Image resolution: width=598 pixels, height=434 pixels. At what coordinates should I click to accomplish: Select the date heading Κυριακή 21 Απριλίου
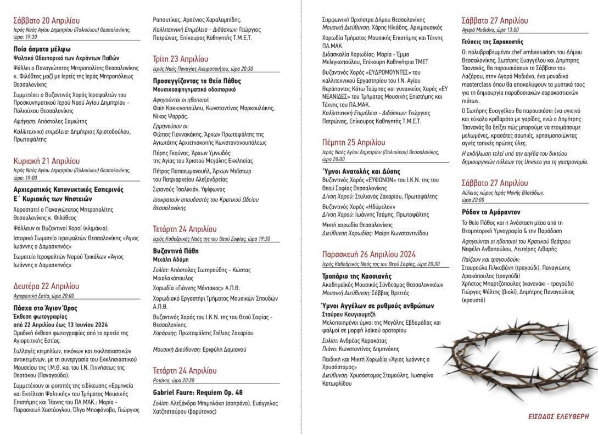coord(47,161)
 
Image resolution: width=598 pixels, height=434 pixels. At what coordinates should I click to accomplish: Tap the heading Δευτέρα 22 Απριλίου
coord(46,286)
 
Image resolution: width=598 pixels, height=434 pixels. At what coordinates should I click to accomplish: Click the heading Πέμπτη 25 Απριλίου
coord(354,142)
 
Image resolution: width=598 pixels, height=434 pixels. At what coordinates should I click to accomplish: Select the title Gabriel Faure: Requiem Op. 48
coord(197,392)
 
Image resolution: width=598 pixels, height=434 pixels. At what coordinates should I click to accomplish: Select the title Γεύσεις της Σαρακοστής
coord(493,41)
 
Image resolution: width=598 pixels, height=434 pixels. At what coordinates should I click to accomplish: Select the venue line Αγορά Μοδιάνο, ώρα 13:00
coord(490,30)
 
